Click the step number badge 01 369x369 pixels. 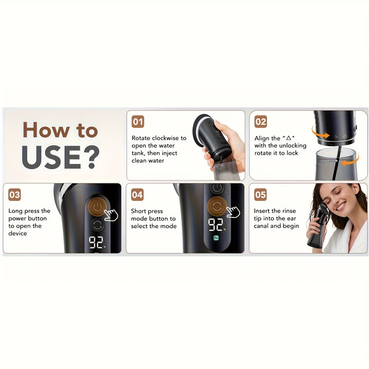click(x=138, y=121)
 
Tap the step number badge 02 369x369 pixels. click(x=261, y=121)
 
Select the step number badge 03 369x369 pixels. click(x=15, y=195)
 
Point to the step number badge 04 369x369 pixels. click(x=137, y=195)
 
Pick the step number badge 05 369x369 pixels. click(x=261, y=195)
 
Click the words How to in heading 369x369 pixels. click(x=60, y=130)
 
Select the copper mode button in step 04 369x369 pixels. click(x=217, y=207)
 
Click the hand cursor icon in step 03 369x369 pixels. click(x=111, y=214)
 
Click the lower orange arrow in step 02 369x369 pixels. click(x=351, y=162)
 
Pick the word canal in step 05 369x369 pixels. click(x=263, y=226)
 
